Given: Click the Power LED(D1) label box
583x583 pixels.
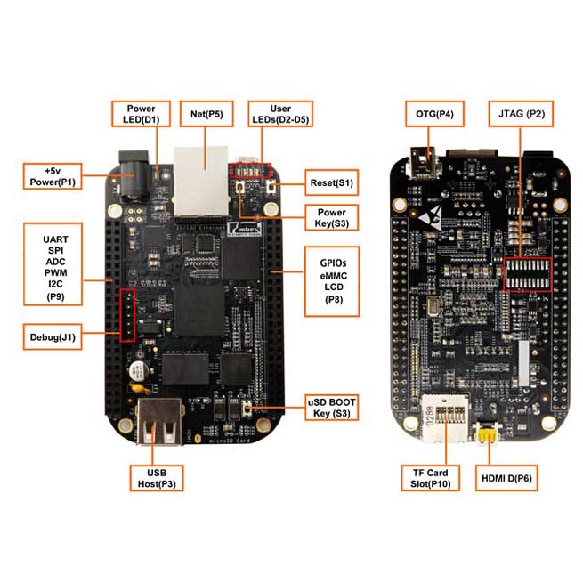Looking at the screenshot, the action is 141,114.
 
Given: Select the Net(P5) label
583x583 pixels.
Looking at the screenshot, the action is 206,114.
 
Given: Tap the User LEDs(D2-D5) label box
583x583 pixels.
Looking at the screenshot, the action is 280,114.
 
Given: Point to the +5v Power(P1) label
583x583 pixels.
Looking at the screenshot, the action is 53,176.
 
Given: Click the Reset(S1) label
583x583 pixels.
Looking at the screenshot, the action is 332,182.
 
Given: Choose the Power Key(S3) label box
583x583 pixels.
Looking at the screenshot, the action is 332,217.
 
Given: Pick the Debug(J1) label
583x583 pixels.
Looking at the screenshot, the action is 53,336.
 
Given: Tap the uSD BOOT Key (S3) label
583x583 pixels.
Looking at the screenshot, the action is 332,408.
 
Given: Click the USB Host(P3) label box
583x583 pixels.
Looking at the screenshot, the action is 157,478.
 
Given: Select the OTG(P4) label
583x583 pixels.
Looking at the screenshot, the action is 434,114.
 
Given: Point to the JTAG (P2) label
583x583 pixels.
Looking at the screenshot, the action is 521,114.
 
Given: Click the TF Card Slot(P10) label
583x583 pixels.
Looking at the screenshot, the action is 430,478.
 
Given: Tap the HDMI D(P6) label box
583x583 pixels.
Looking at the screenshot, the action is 506,478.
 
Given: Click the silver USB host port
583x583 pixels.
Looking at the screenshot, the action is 160,421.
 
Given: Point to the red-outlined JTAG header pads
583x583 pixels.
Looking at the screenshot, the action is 527,275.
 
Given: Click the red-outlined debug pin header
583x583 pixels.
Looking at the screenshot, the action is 127,315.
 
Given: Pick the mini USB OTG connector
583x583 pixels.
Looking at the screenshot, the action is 424,163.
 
